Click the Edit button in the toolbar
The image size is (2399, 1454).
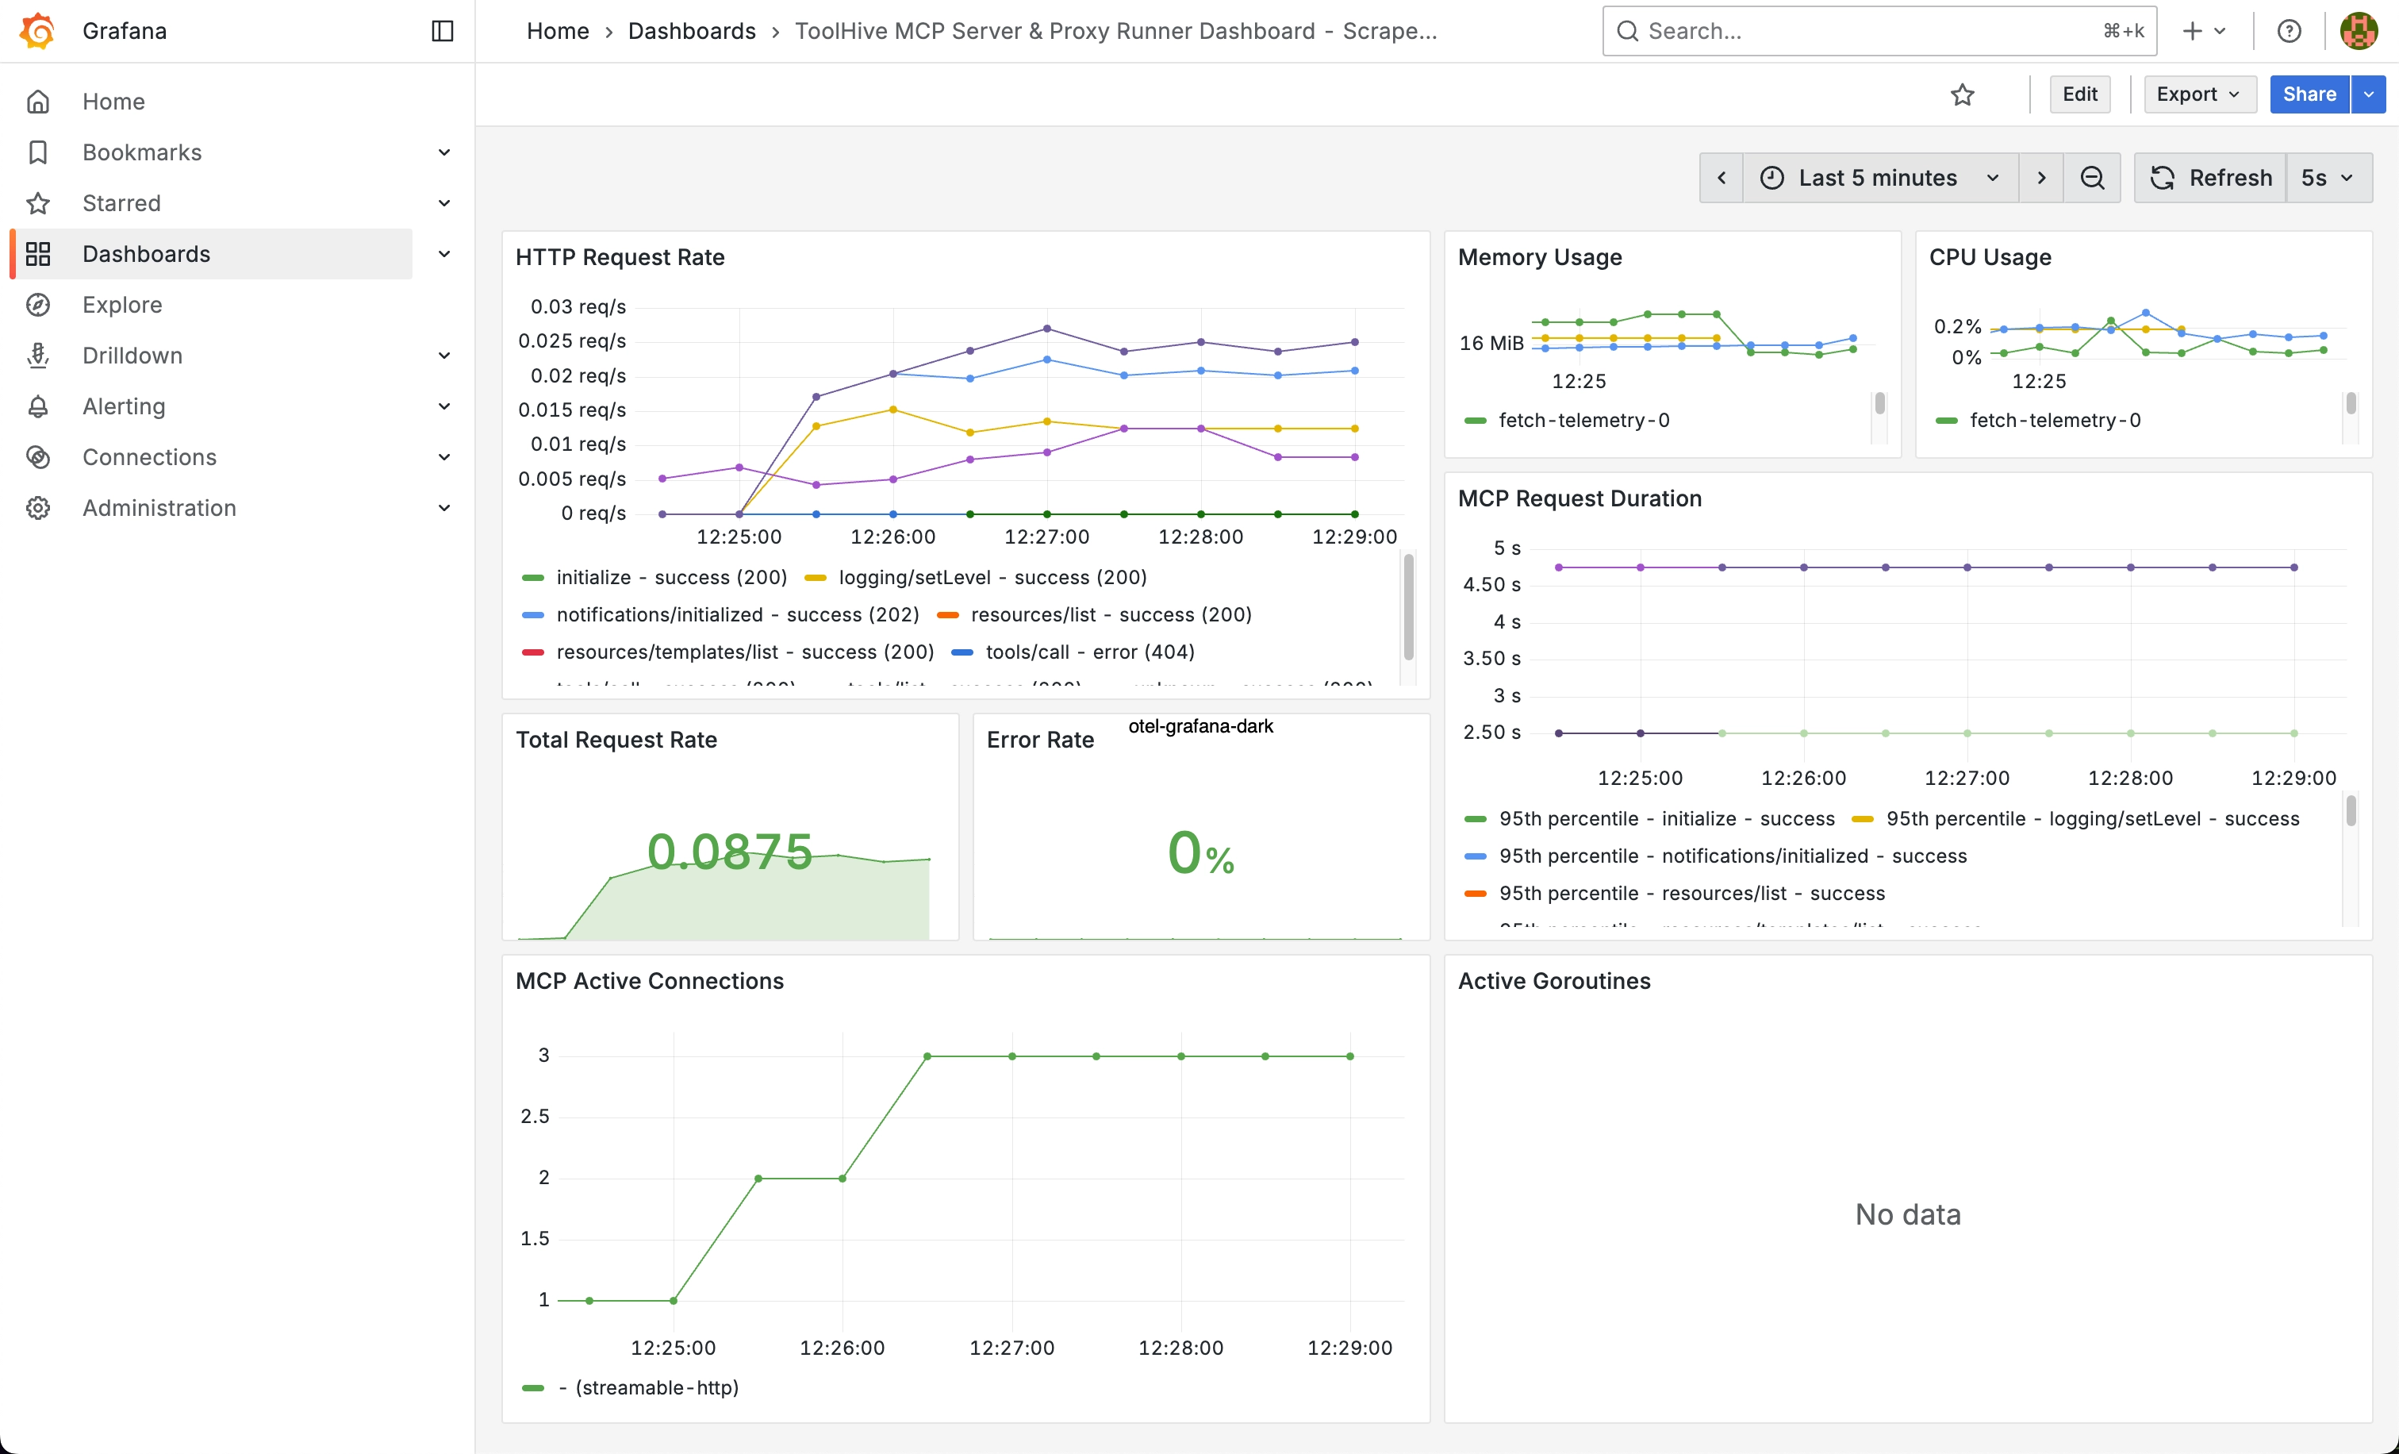tap(2079, 94)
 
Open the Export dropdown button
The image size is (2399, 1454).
tap(2198, 94)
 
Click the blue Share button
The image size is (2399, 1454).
tap(2309, 94)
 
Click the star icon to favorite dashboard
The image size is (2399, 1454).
tap(1962, 94)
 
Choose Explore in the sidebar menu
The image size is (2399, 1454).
tap(121, 305)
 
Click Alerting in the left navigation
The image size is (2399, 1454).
tap(124, 406)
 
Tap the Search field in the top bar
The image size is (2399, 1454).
tap(1869, 31)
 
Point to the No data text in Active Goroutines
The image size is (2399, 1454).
tap(1907, 1214)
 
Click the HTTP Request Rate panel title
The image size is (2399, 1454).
tap(620, 257)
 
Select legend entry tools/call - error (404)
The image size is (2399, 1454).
tap(1088, 652)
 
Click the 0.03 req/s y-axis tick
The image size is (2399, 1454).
tap(578, 307)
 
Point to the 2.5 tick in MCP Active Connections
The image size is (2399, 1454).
tap(535, 1116)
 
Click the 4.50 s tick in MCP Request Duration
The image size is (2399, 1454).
tap(1491, 584)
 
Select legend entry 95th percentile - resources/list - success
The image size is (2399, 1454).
tap(1691, 893)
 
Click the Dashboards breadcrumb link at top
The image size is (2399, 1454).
tap(691, 31)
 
